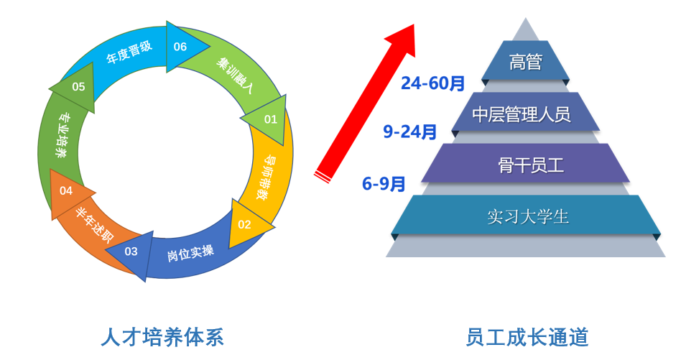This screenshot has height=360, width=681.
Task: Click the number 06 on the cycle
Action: pos(180,47)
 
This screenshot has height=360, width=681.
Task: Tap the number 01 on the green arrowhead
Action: pos(271,119)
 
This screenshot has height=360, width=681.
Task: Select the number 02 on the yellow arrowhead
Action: pos(245,223)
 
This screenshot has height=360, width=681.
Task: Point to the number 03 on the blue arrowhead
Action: pos(131,251)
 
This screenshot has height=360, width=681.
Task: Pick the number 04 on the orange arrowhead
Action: pos(66,190)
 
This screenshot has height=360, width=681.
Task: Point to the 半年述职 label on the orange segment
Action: pos(94,224)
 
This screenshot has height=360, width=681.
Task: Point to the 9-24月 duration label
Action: pos(410,131)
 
